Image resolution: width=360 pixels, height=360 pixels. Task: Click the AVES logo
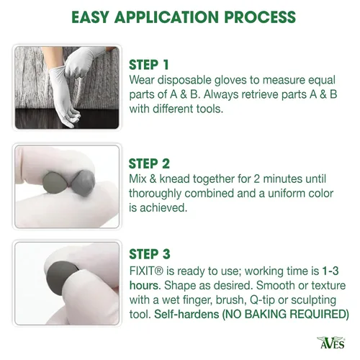coord(331,342)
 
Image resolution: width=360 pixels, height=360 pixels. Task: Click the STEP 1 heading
coord(149,65)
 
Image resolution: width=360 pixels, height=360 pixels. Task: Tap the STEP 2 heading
coord(149,164)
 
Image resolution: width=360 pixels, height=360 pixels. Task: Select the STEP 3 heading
coord(150,254)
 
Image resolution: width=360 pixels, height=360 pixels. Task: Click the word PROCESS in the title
coord(260,17)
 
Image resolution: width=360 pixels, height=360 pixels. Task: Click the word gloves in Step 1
coord(230,80)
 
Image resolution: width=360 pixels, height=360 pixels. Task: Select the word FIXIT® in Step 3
coord(146,271)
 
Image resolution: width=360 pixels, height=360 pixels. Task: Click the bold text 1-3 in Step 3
coord(330,271)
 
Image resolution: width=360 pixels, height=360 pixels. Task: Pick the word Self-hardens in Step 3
coord(186,314)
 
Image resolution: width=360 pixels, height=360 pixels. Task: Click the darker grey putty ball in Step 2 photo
coord(84,183)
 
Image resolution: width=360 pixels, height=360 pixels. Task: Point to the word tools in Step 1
coord(210,109)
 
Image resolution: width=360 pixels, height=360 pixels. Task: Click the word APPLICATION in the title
coord(167,17)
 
